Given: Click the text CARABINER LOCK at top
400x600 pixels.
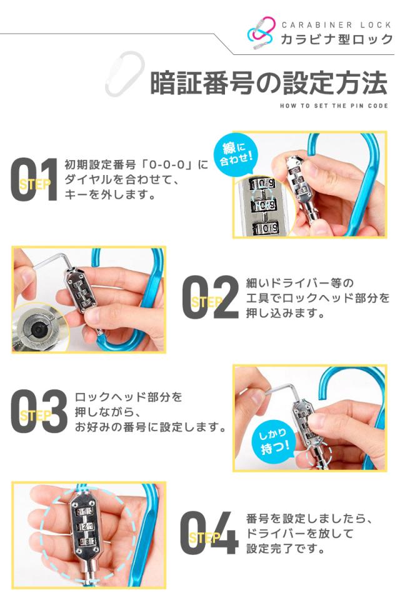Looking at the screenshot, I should point(336,24).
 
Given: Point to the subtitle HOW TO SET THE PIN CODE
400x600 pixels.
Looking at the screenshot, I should point(334,106).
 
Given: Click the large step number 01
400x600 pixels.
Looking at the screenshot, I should point(34,180).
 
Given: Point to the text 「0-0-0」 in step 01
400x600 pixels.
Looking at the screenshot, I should point(169,166).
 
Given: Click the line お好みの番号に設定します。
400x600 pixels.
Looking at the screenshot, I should point(150,428).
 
